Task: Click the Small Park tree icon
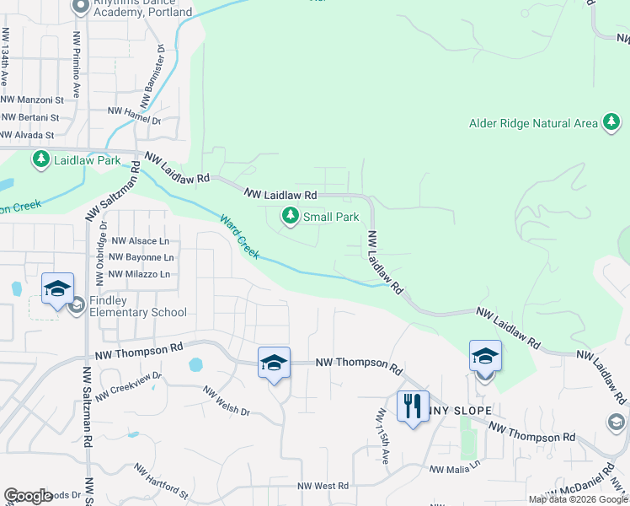(291, 217)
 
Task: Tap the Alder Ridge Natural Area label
(532, 123)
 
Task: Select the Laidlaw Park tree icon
(40, 159)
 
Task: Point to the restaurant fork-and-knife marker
(412, 406)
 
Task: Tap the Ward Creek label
(240, 237)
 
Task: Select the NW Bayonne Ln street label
(141, 257)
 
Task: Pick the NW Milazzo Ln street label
(141, 274)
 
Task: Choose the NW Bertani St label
(30, 117)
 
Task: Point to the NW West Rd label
(323, 487)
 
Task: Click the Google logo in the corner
(28, 496)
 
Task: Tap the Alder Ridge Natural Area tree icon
(611, 123)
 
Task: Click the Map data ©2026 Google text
(578, 499)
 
